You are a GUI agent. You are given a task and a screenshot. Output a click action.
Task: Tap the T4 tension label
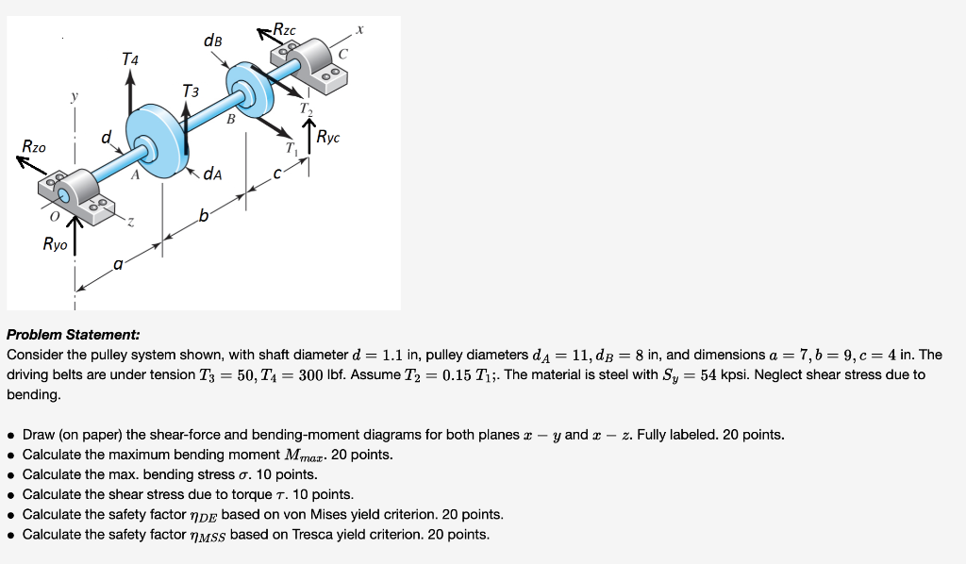click(130, 59)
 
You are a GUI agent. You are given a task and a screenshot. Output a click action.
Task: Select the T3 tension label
click(191, 91)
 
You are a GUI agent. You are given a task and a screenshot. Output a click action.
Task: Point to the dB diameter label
click(213, 41)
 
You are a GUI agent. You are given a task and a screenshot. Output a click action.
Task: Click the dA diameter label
click(214, 174)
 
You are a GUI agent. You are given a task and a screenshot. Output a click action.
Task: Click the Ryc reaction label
click(328, 137)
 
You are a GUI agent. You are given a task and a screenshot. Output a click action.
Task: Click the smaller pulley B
click(249, 91)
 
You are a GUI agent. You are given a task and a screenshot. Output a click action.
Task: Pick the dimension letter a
click(119, 266)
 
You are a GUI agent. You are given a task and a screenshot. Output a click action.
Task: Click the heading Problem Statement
click(74, 335)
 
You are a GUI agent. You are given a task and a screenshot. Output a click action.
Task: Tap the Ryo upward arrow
click(75, 236)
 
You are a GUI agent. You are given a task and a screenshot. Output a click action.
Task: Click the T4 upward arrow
click(130, 94)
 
